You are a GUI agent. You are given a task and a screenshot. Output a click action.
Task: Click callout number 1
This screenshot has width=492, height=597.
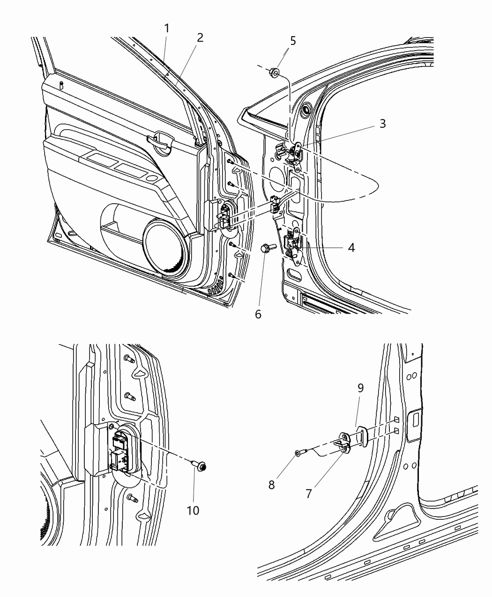[x=167, y=29]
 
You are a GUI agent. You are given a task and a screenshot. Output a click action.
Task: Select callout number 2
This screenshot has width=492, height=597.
[x=200, y=38]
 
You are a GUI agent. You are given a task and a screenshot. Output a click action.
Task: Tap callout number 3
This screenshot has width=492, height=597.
[x=382, y=124]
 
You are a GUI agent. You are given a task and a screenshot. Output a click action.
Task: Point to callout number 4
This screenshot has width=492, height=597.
[x=351, y=247]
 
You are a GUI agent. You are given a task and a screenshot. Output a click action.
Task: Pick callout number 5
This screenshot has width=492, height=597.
[x=293, y=41]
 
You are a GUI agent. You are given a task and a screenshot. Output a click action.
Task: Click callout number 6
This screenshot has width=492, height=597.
[x=258, y=314]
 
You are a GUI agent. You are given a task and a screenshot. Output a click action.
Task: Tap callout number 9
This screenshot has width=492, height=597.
[x=360, y=388]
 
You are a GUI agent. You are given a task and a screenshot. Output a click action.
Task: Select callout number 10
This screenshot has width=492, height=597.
[x=193, y=510]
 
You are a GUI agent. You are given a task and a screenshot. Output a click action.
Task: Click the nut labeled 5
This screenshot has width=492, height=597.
[x=275, y=72]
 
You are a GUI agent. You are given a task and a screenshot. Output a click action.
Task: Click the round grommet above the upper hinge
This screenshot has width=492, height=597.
[x=307, y=110]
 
